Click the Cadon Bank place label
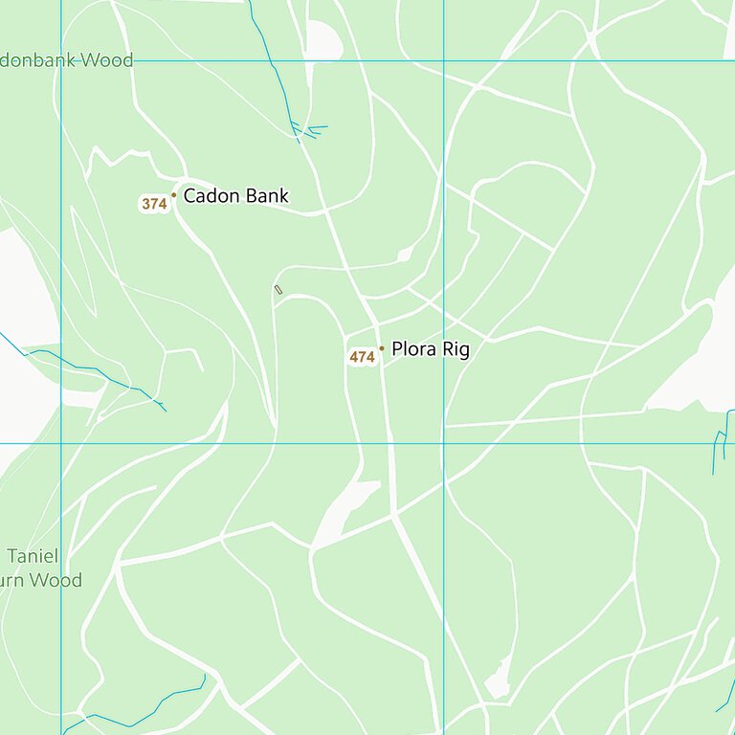tap(235, 196)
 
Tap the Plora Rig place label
tap(430, 349)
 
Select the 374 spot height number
tap(154, 204)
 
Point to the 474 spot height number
tap(362, 357)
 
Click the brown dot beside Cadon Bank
tap(173, 195)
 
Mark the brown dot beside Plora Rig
tap(381, 348)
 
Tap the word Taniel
tap(33, 556)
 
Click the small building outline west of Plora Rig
tap(278, 289)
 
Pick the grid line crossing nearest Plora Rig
tap(443, 443)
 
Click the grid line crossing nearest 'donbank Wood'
tap(61, 61)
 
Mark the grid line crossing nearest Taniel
tap(61, 443)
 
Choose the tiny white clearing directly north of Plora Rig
tap(405, 254)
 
